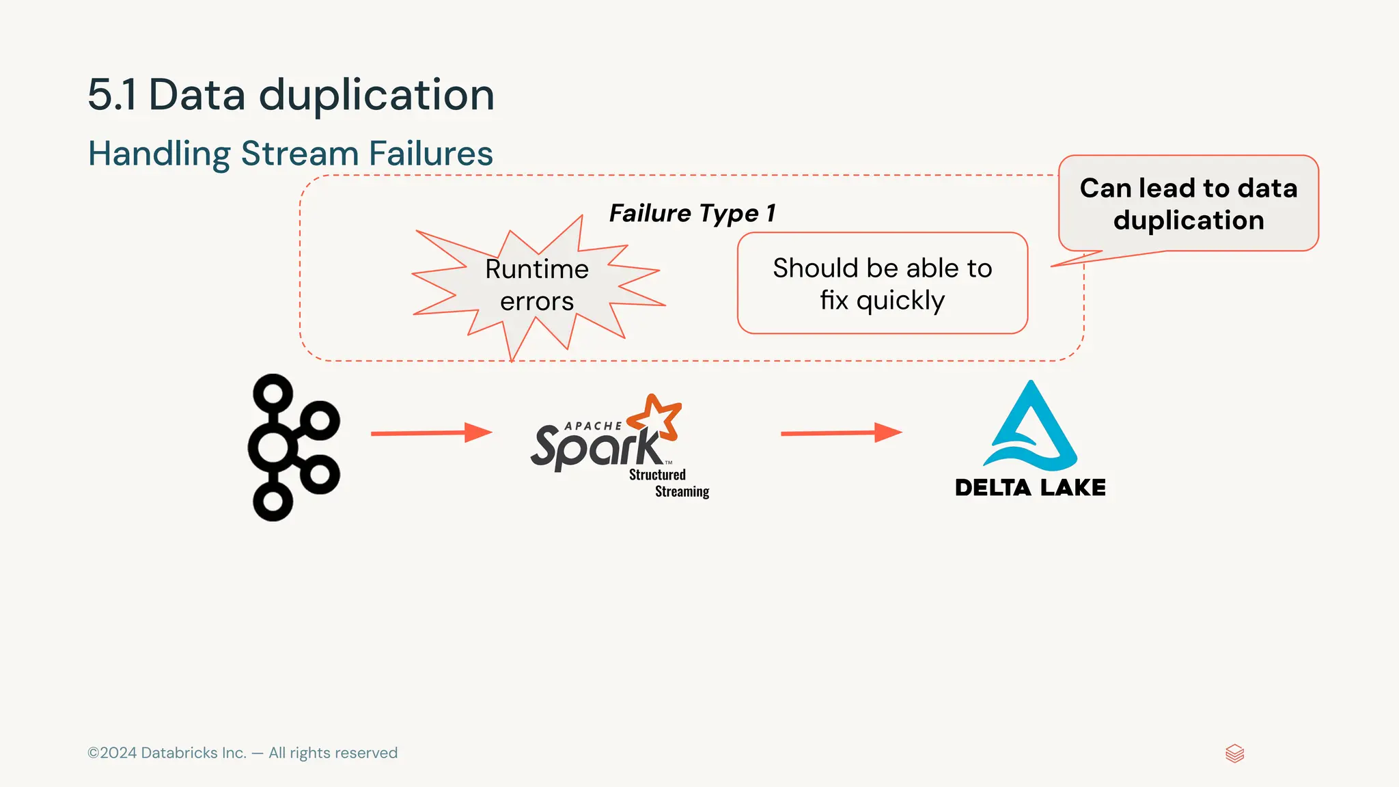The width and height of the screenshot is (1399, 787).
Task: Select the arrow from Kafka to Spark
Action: [430, 432]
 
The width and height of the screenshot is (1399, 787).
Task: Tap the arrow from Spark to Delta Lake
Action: [840, 432]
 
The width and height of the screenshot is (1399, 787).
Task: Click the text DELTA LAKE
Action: [1030, 488]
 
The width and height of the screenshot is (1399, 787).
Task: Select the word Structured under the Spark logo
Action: [657, 475]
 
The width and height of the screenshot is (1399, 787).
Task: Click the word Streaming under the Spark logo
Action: [682, 491]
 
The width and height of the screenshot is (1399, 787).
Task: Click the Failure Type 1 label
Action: [692, 213]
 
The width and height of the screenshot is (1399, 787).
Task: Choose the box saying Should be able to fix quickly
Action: [882, 283]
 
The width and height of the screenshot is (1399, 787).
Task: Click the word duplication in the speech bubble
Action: [1188, 220]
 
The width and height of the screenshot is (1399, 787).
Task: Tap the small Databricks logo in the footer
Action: [1234, 754]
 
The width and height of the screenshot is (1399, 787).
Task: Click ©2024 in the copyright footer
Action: [112, 753]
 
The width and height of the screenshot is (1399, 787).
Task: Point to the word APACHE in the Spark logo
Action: [593, 426]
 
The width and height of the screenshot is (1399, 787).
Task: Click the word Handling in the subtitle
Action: [159, 153]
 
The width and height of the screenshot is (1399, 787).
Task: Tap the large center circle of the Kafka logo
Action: [273, 447]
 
